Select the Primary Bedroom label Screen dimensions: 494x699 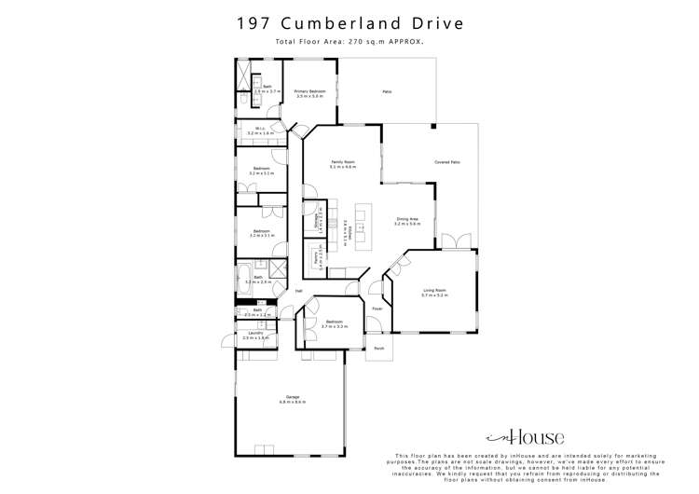tap(309, 91)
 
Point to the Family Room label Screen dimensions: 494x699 tap(343, 162)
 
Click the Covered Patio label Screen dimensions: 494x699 tap(447, 162)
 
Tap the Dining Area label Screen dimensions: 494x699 tap(406, 219)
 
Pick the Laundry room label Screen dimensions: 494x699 tap(253, 333)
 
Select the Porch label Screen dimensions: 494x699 tap(379, 349)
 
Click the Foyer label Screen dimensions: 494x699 tap(377, 309)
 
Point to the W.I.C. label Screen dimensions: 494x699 tap(253, 130)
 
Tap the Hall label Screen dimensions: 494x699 tap(298, 291)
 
